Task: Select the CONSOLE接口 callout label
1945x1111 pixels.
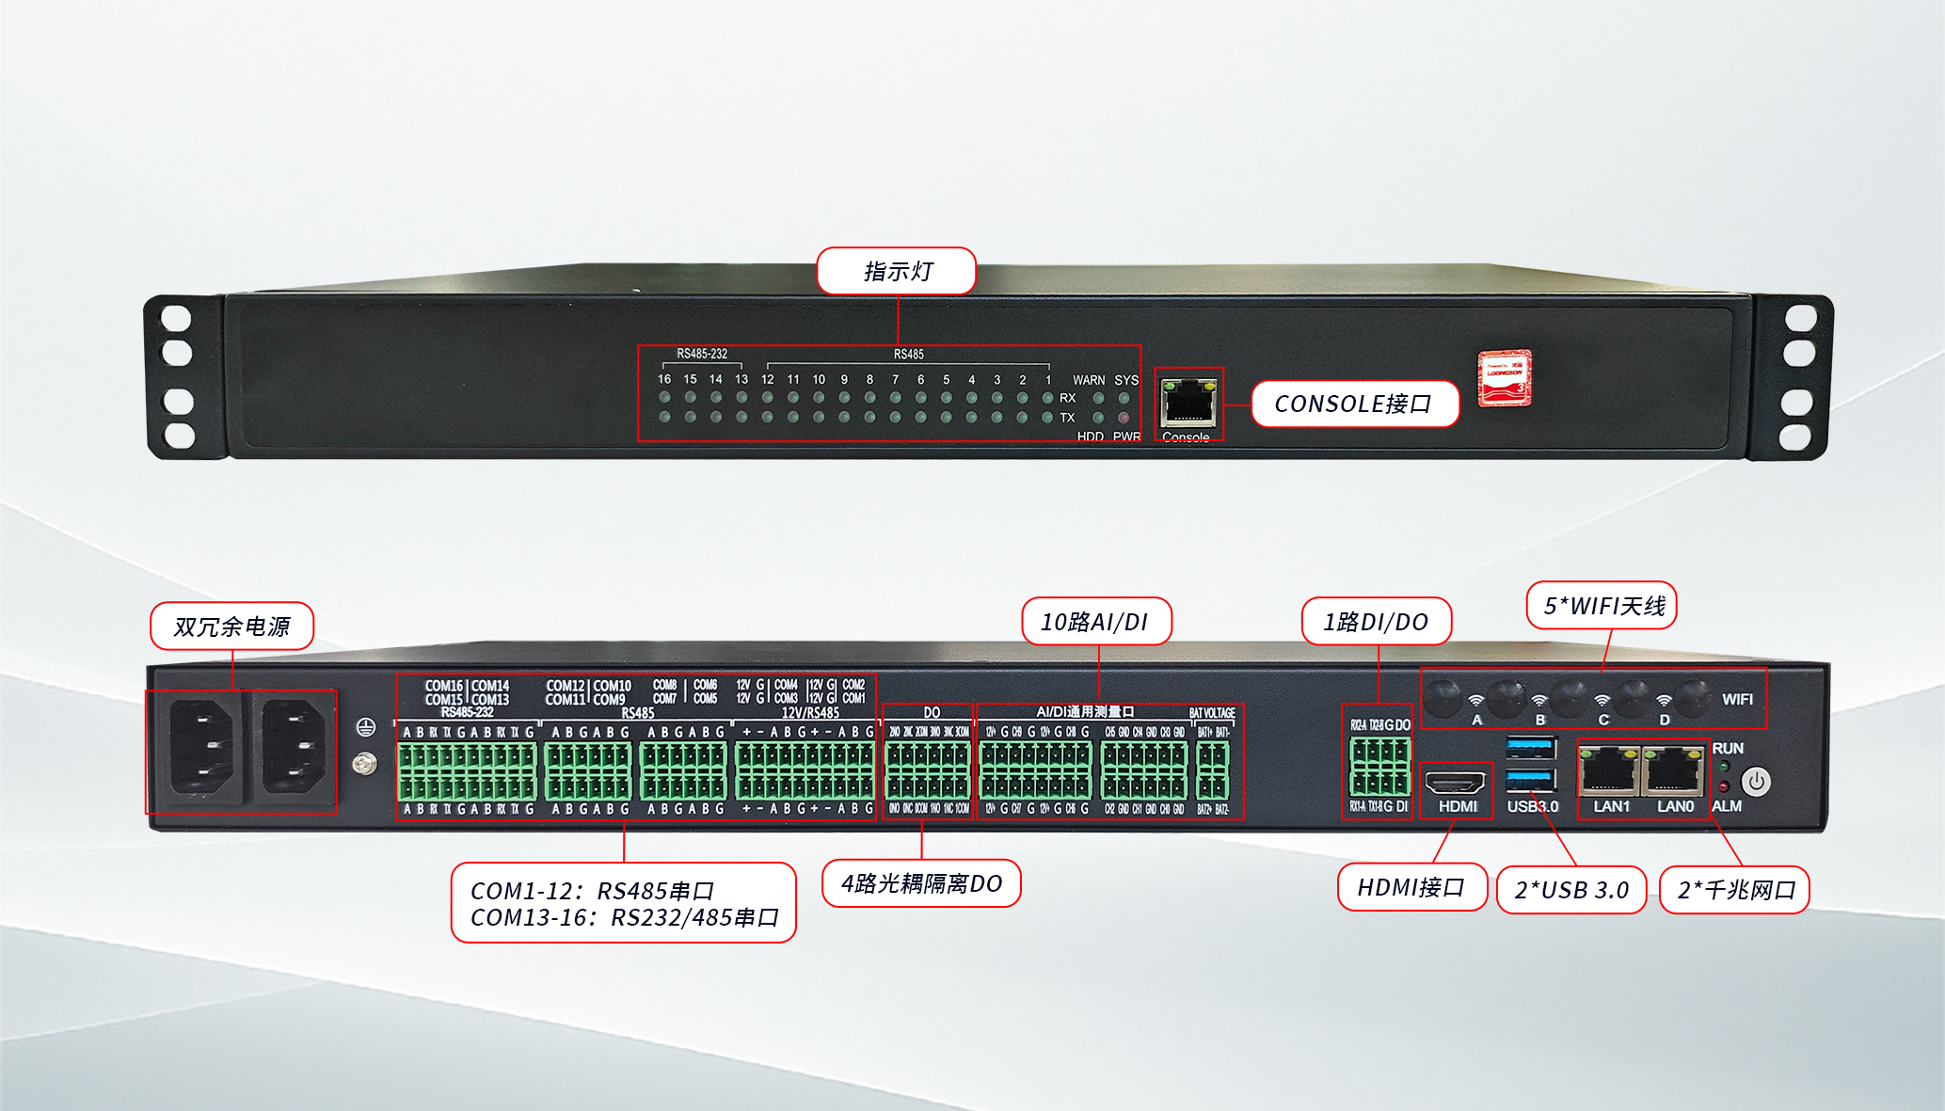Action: point(1353,404)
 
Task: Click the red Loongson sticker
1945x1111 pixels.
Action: point(1504,378)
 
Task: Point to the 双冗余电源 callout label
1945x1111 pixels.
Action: point(231,627)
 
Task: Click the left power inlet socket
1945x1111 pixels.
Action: point(199,749)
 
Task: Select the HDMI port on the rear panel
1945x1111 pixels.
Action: point(1455,782)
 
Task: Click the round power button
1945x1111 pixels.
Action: point(1755,781)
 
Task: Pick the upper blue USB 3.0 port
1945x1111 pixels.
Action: point(1530,748)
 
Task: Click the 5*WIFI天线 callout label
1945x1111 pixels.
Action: point(1602,606)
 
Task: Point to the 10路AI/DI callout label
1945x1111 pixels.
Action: point(1095,622)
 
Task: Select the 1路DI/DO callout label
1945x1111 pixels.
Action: point(1376,622)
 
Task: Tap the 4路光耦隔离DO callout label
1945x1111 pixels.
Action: point(921,883)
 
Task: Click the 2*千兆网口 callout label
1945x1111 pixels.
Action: point(1735,890)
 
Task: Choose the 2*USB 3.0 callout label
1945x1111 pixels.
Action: point(1571,890)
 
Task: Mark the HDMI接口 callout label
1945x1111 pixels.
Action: point(1411,887)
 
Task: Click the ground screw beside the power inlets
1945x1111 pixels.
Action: point(364,764)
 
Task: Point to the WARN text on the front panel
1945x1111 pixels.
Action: point(1089,380)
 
